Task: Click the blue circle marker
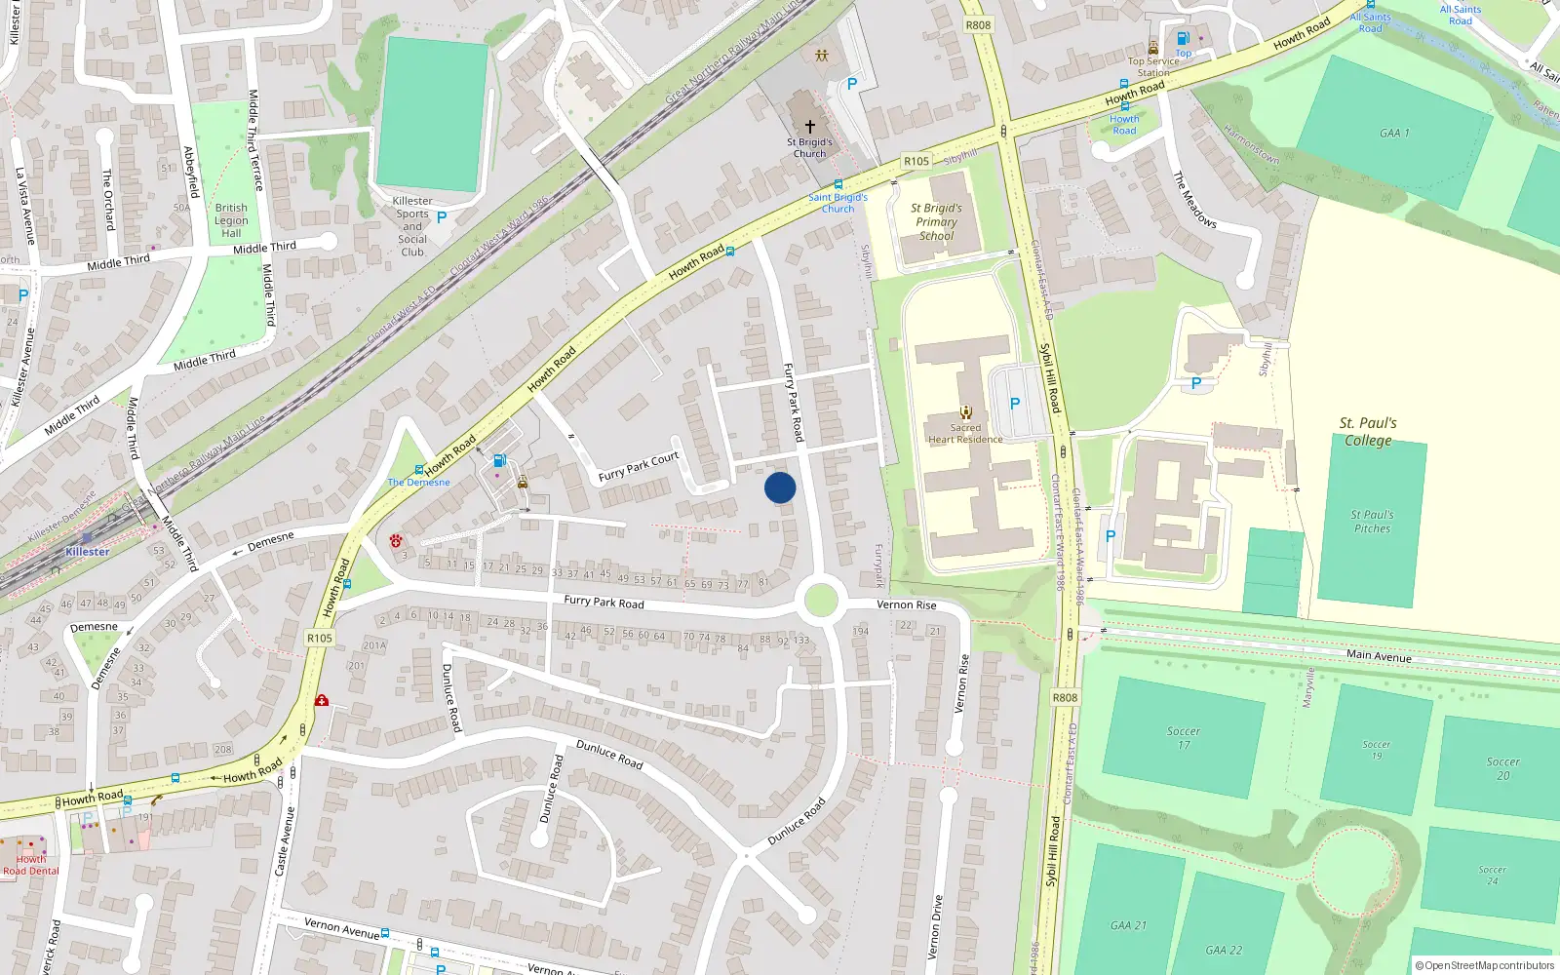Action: pos(780,487)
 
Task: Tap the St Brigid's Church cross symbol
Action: pos(809,127)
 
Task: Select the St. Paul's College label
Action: pos(1368,431)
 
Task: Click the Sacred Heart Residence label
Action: pos(965,433)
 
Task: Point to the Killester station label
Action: pos(88,552)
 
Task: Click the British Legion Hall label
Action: pos(231,220)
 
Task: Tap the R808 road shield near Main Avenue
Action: pos(1065,697)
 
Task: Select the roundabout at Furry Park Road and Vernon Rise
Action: pos(821,600)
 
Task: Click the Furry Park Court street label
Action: pos(638,467)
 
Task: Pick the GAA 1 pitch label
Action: pos(1394,133)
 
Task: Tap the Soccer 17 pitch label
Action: pos(1183,737)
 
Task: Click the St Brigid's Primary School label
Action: pos(936,221)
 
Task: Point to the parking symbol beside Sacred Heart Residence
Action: pos(1015,404)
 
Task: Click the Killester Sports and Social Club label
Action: pos(412,226)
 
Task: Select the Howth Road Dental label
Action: pos(30,866)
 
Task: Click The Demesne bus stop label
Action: pos(419,482)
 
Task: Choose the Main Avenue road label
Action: pos(1379,655)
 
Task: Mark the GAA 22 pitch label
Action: pos(1224,950)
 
